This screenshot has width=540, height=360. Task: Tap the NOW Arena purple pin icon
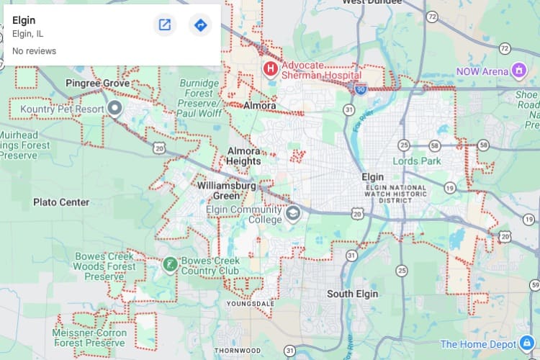tap(518, 71)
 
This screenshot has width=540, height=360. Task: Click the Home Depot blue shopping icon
tap(527, 343)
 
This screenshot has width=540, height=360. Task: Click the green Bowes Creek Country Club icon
tap(170, 264)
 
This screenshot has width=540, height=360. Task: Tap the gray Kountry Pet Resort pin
tap(114, 109)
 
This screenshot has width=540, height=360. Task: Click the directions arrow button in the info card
tap(200, 25)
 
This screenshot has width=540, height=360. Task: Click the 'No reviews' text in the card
tap(34, 51)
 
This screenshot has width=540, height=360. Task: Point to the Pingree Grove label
tap(97, 84)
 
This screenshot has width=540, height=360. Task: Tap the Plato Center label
tap(61, 202)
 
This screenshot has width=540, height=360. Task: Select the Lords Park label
tap(417, 161)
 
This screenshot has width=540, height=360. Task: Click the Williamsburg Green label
tap(227, 191)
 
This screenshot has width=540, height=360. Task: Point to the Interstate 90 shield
tap(360, 88)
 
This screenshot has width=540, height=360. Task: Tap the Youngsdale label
tap(250, 304)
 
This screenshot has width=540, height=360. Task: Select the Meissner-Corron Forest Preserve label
tap(89, 338)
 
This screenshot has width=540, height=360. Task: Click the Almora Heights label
tap(244, 156)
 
